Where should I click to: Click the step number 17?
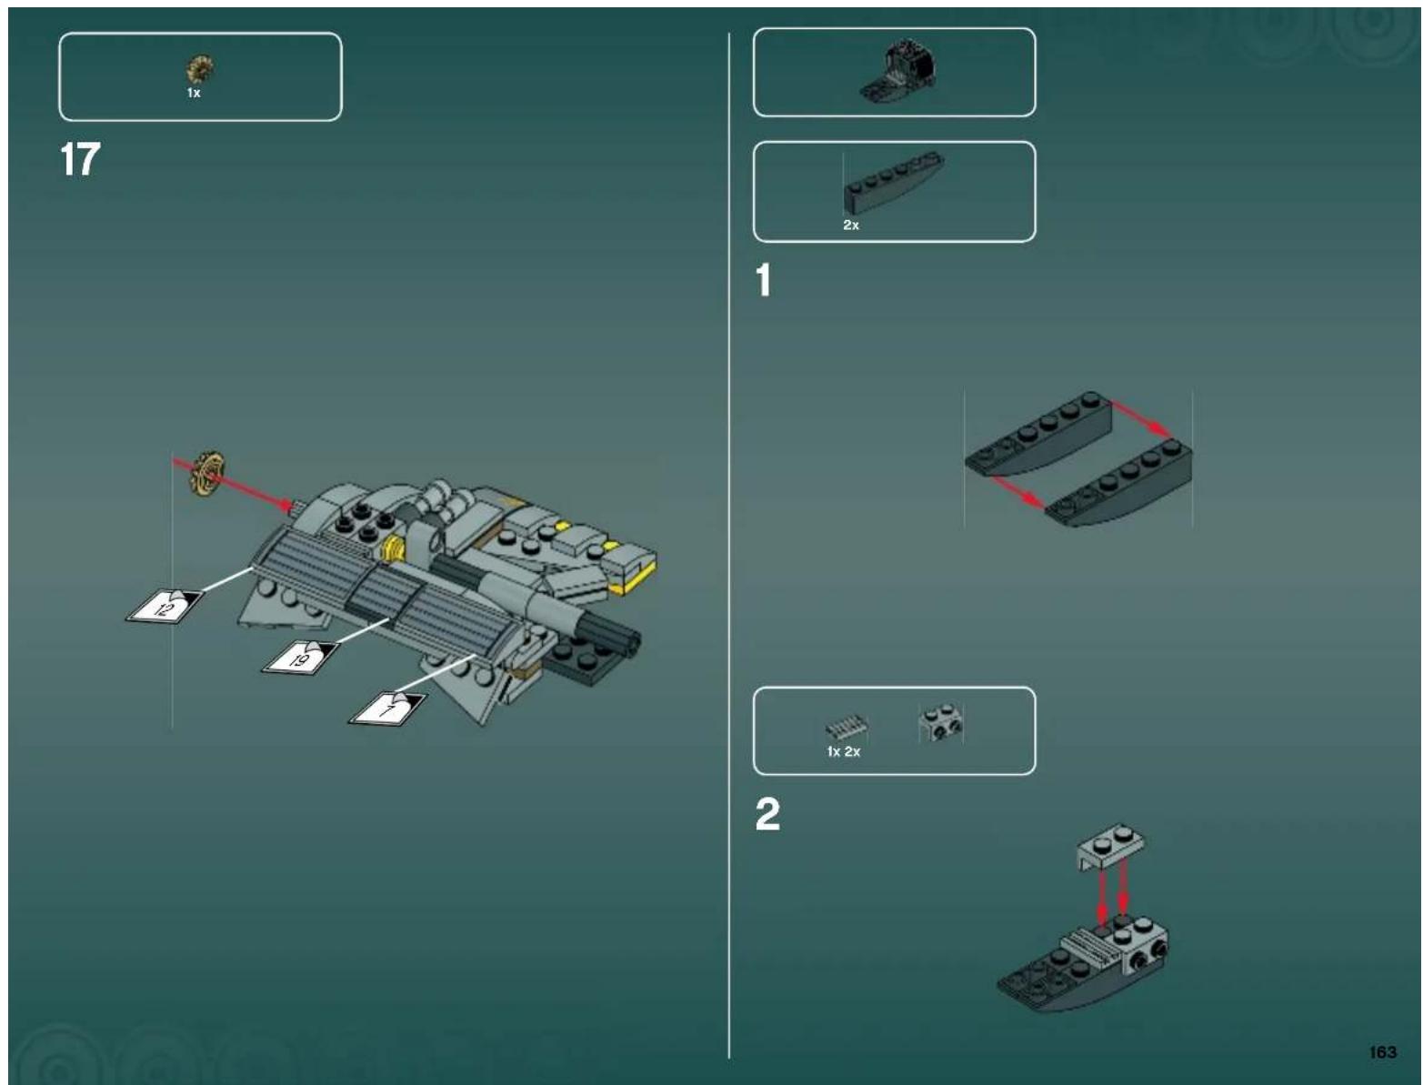tap(80, 160)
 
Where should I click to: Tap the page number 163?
tap(1381, 1051)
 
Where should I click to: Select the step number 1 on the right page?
tap(764, 280)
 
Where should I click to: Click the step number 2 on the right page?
tap(767, 814)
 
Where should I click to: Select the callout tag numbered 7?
tap(389, 708)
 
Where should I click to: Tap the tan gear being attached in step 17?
tap(206, 474)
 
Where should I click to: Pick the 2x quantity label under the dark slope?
tap(850, 225)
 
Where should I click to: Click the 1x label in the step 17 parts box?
tap(194, 93)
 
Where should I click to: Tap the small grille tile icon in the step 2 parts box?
tap(846, 728)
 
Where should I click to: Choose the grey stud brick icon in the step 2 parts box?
tap(941, 723)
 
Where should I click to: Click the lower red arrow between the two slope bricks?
tap(1016, 490)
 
